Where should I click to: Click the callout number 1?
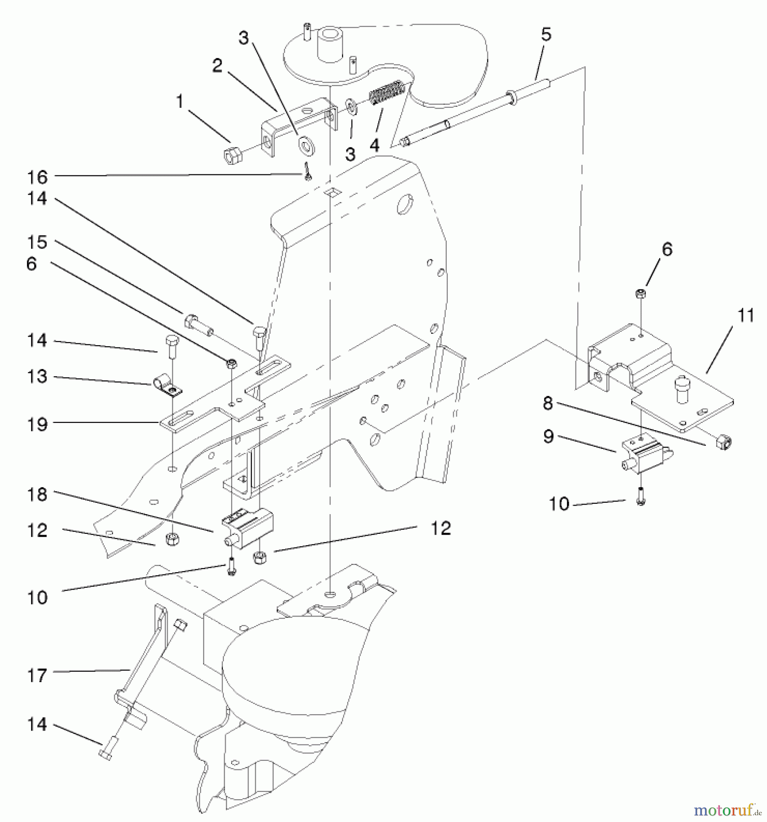point(180,102)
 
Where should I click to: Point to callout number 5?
point(546,35)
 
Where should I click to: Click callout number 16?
point(37,176)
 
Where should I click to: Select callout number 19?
point(37,424)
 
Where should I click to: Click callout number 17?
point(37,675)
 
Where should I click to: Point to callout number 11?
point(746,316)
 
